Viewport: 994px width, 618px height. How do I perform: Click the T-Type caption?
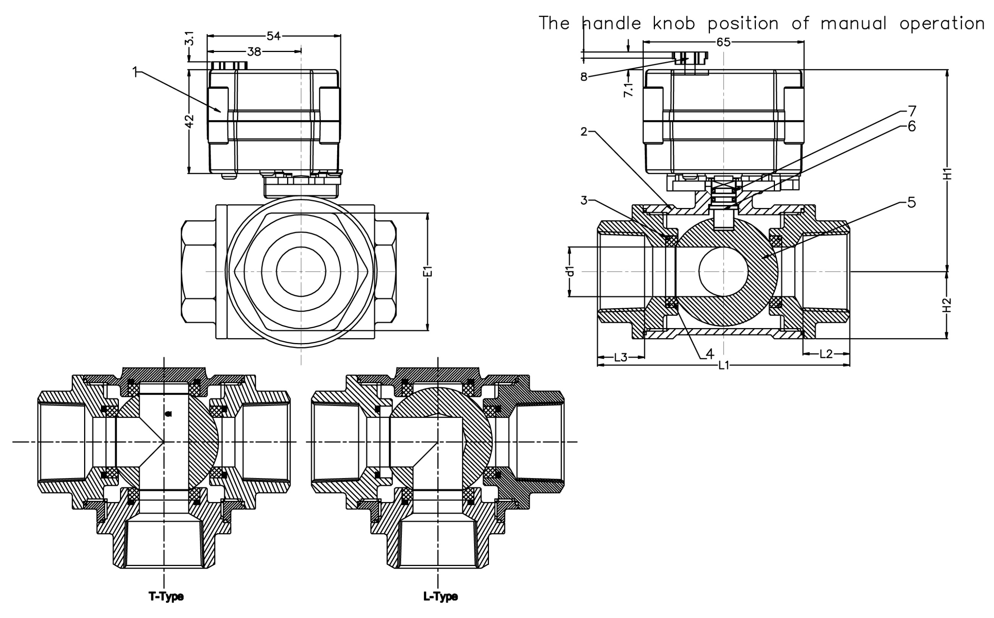click(x=166, y=597)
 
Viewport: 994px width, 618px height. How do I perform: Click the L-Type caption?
click(x=440, y=597)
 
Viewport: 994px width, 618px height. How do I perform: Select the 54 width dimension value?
click(x=274, y=36)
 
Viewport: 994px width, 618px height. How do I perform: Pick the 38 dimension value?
click(x=254, y=52)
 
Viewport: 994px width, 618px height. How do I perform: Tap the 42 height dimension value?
click(x=189, y=121)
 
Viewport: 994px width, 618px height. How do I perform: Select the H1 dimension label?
click(x=948, y=174)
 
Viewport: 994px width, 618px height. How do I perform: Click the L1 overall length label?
click(x=724, y=365)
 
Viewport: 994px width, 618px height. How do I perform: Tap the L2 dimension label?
click(x=826, y=354)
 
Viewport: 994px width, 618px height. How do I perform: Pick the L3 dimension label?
click(x=620, y=358)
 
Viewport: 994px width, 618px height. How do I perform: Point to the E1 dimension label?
click(x=427, y=271)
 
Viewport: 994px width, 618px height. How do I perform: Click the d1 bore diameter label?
click(x=571, y=271)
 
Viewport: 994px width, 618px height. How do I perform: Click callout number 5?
click(x=911, y=203)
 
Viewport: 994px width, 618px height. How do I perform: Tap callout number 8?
click(x=584, y=77)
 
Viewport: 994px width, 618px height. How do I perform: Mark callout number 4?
click(x=710, y=353)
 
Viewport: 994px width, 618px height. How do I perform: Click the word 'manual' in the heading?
click(x=853, y=23)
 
